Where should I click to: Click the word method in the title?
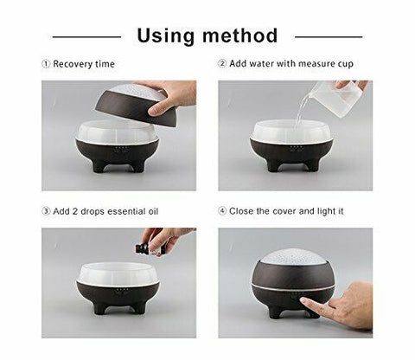click(239, 35)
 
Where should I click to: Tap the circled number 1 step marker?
click(46, 64)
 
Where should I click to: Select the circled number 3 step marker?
click(46, 211)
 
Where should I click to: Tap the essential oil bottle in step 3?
click(141, 248)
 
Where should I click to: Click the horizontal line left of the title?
click(86, 36)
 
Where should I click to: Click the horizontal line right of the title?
click(328, 36)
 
